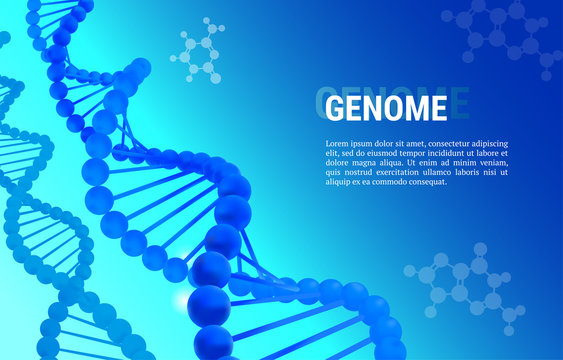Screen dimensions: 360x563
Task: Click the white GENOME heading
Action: click(386, 107)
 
